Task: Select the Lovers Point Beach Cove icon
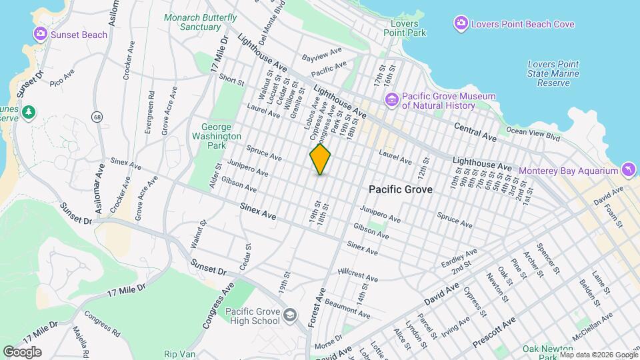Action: point(460,25)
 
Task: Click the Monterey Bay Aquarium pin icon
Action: point(629,171)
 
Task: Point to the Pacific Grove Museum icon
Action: point(391,101)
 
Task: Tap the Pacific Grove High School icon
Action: point(290,314)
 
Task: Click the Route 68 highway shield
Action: point(97,117)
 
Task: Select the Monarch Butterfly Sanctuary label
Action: point(201,22)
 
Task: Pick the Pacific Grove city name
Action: point(401,190)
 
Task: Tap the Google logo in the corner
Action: point(22,352)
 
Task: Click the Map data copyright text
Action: point(597,355)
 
